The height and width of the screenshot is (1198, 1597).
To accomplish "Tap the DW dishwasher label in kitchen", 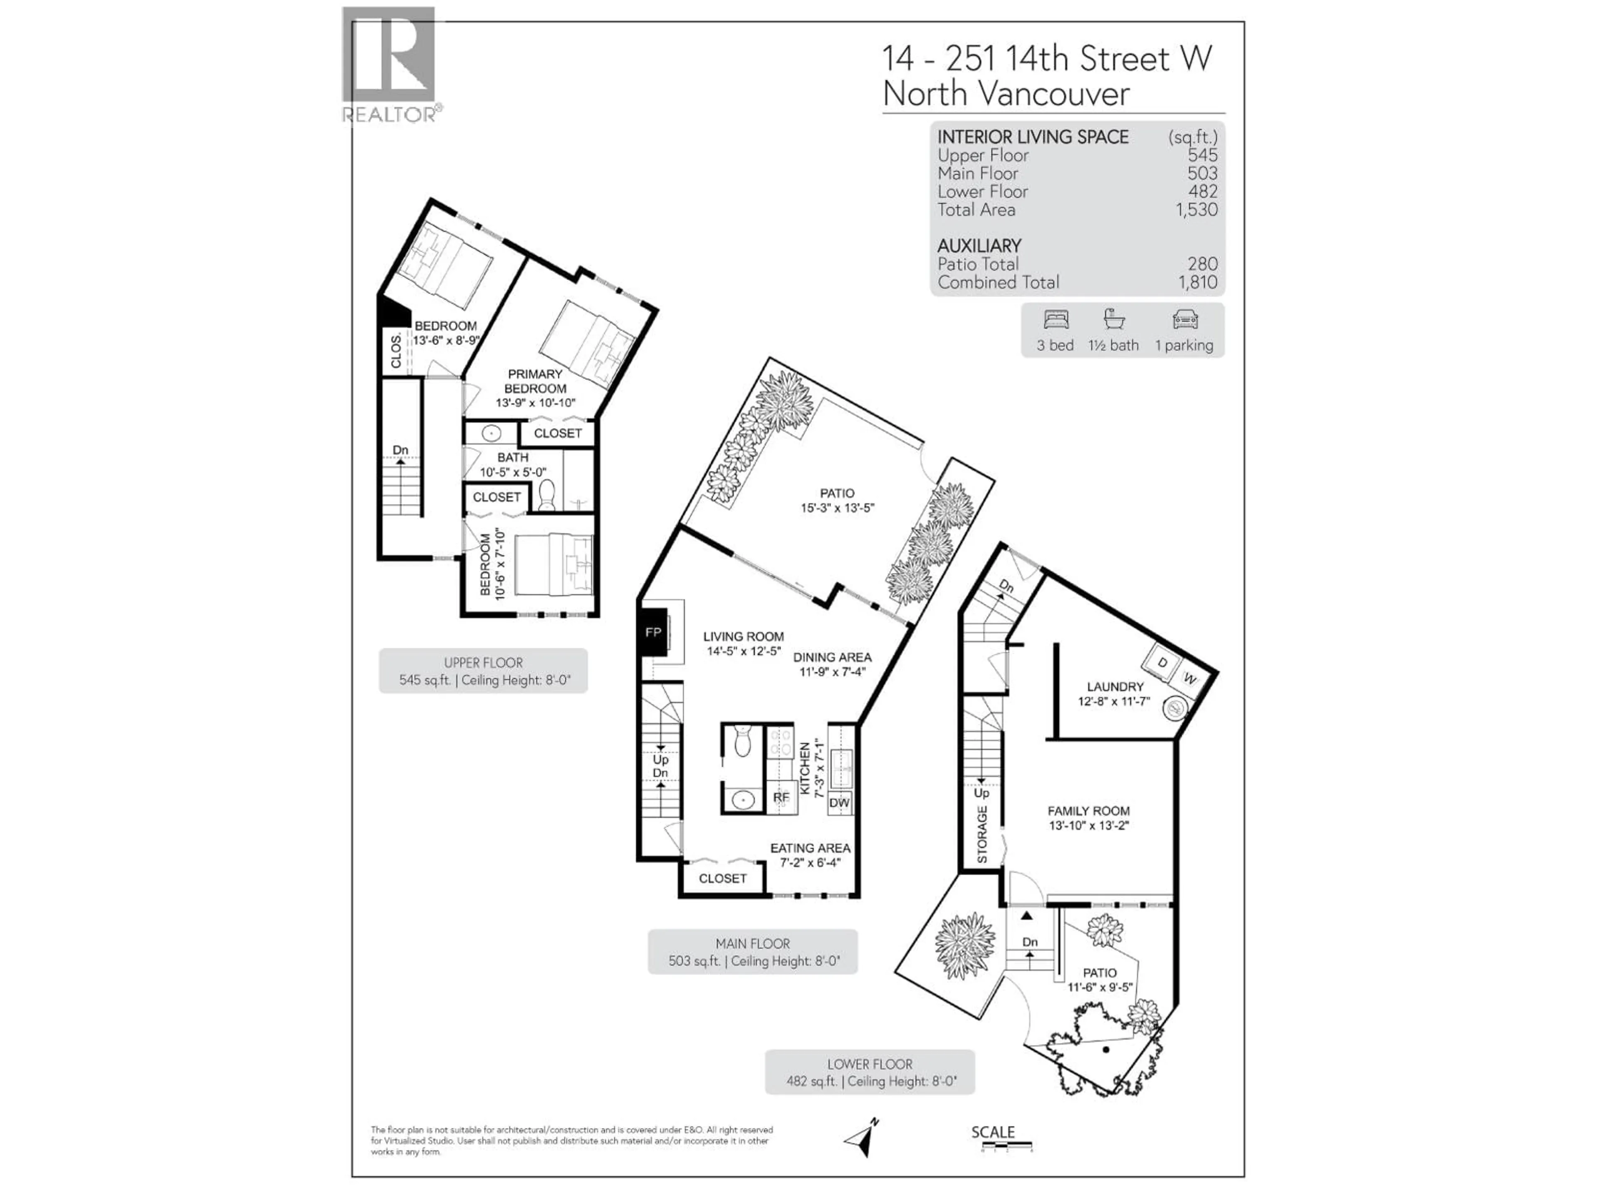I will [x=839, y=802].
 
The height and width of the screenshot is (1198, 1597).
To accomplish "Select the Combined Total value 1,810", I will [x=1197, y=282].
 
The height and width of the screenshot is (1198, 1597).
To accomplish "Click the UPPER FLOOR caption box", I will [x=483, y=671].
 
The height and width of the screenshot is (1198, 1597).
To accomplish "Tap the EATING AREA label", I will [x=810, y=848].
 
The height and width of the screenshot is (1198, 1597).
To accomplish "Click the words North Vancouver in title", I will [x=1006, y=94].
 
